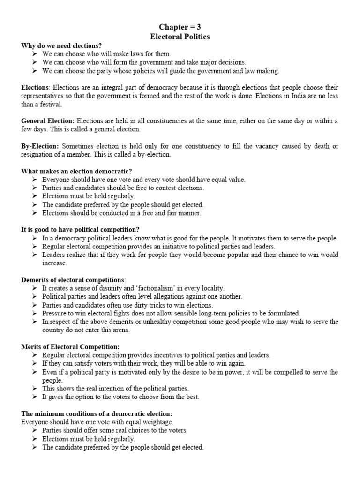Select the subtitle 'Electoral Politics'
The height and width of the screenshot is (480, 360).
(x=180, y=36)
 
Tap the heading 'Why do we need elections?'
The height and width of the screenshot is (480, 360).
(x=61, y=45)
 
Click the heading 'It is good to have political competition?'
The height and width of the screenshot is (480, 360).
(x=80, y=230)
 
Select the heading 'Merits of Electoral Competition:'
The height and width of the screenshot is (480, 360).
(x=70, y=346)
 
